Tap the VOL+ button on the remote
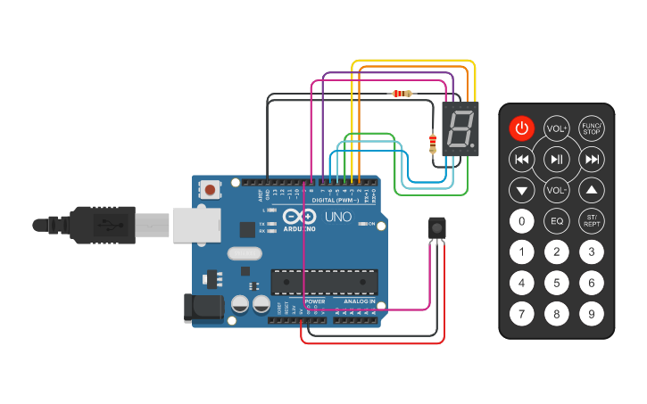coord(557,128)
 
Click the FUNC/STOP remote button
coord(591,128)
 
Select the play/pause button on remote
coord(557,160)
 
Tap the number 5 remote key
coord(557,284)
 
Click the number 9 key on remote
coord(591,314)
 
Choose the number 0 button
coord(522,221)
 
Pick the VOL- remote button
coord(557,190)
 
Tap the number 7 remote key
coord(522,314)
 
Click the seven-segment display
coord(460,129)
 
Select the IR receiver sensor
coord(436,228)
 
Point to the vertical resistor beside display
coord(434,141)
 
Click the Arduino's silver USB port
coord(195,225)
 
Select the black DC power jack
coord(202,308)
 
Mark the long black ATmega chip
coord(324,281)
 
